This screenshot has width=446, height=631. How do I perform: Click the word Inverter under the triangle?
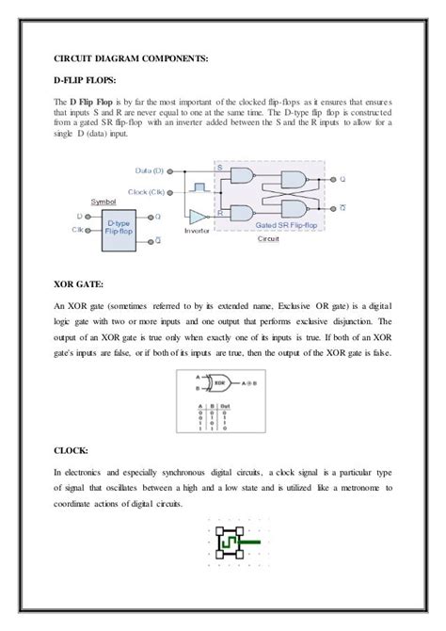197,231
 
